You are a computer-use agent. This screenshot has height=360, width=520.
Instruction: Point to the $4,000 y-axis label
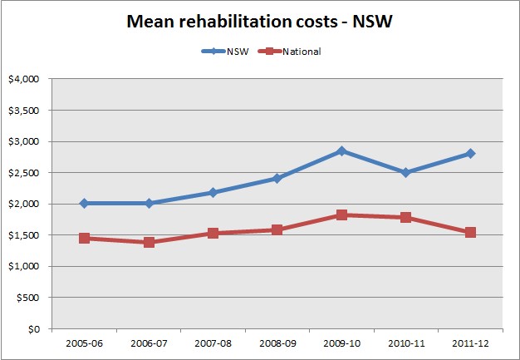[x=25, y=80]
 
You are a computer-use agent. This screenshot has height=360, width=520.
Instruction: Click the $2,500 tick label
[x=25, y=173]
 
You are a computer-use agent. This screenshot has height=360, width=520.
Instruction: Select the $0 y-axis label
[x=34, y=329]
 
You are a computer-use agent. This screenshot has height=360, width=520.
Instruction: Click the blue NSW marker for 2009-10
[x=341, y=151]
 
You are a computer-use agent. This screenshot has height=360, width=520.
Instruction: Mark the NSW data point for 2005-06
[x=84, y=203]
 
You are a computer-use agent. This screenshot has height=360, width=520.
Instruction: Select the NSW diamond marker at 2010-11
[x=405, y=172]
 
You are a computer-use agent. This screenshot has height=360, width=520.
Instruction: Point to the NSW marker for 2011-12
[x=470, y=153]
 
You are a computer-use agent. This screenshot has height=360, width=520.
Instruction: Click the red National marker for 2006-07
[x=149, y=242]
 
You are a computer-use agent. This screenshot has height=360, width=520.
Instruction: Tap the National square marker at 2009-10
[x=341, y=215]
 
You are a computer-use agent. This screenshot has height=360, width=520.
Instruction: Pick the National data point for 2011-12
[x=470, y=232]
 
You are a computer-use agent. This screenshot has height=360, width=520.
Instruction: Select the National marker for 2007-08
[x=213, y=233]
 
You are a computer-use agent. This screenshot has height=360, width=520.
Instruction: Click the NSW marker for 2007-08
[x=213, y=192]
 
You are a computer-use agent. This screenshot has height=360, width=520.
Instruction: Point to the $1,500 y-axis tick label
[x=25, y=235]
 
